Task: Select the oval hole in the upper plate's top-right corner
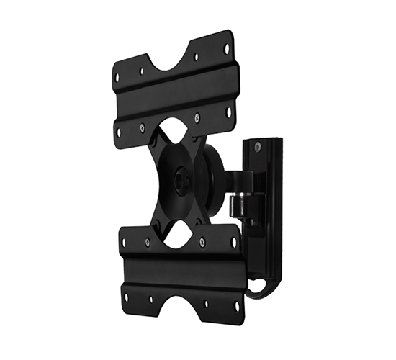[226, 49]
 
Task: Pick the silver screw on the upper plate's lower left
[143, 128]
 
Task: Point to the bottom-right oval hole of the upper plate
[229, 112]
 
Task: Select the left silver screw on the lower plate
[147, 242]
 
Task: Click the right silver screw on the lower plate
[202, 242]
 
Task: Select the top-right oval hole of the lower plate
[233, 242]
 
